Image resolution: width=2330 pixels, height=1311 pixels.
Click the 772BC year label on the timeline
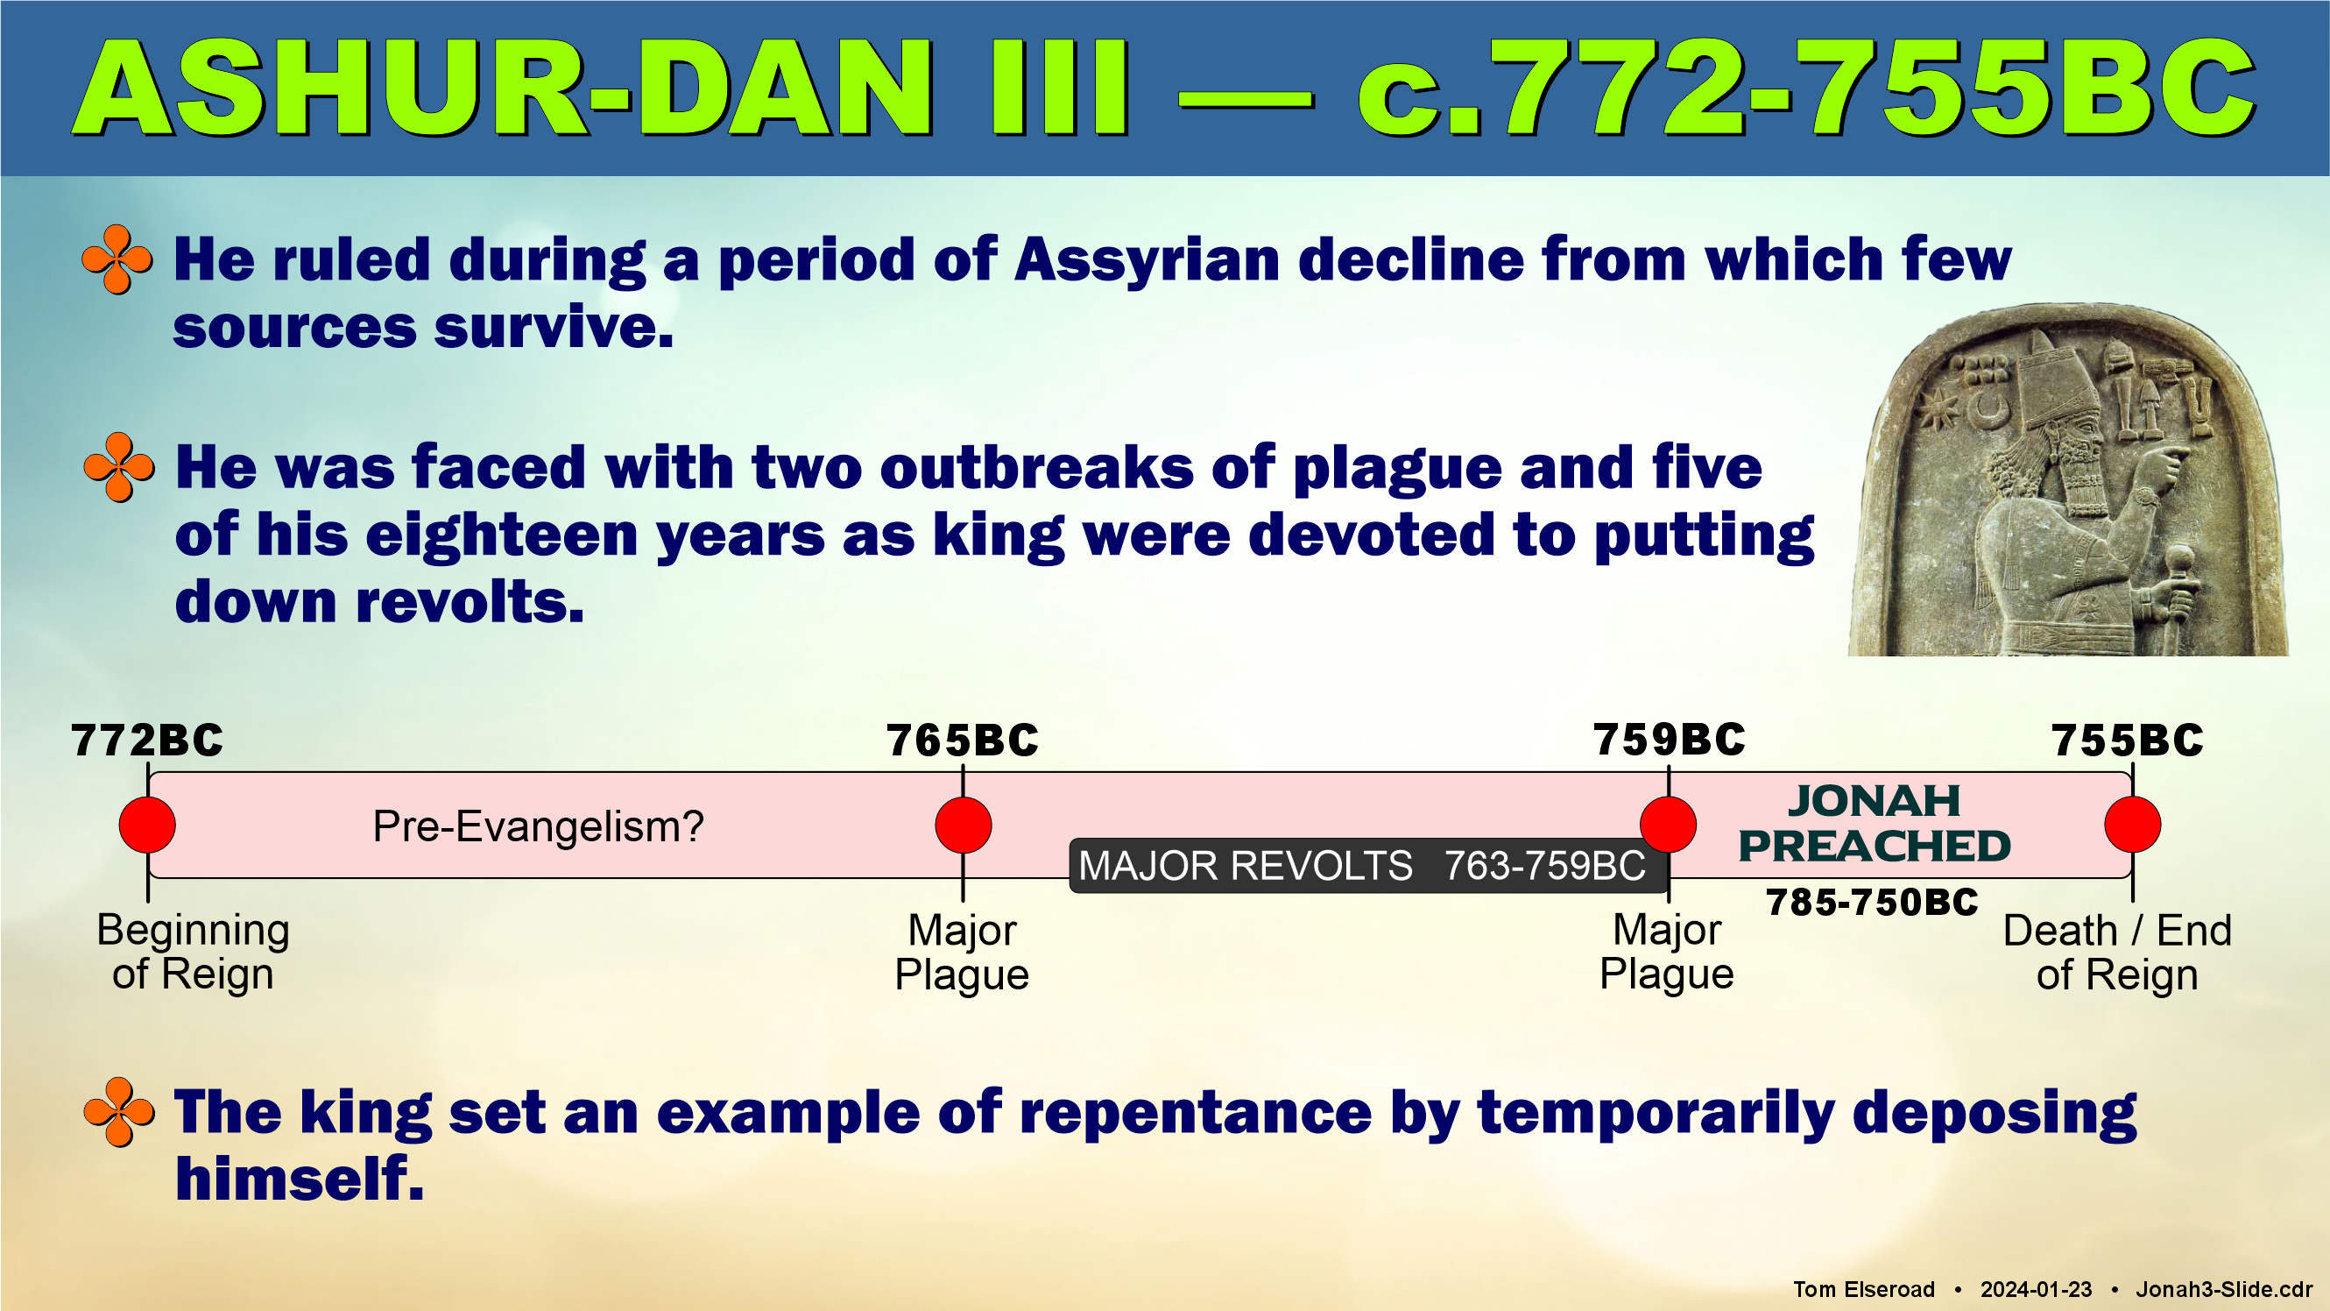pos(147,741)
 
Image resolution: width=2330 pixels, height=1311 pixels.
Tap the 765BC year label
pos(963,741)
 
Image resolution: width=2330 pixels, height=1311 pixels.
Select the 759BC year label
pos(1669,740)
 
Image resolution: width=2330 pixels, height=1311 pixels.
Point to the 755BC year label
pos(2128,741)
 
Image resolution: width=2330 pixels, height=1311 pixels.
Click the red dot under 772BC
pos(147,825)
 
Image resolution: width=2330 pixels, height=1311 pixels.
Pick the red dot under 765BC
pos(964,825)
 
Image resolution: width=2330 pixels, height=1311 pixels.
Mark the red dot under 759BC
pos(1669,825)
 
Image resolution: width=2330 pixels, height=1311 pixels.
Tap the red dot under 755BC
pos(2133,825)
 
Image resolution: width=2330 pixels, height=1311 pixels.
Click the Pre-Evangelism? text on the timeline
pos(538,826)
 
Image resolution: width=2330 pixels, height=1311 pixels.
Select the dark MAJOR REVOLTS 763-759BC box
pos(1368,866)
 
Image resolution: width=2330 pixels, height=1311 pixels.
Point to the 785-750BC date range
pos(1873,902)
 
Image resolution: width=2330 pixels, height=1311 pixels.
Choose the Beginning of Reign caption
pos(193,952)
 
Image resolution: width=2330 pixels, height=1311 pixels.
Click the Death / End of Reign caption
pos(2117,953)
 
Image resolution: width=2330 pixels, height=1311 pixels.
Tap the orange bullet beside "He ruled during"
pos(116,259)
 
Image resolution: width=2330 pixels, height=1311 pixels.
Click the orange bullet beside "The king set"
pos(118,1112)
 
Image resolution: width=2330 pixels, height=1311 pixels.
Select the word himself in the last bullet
pos(300,1178)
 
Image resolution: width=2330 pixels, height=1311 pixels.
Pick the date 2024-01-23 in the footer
pos(2036,1289)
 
